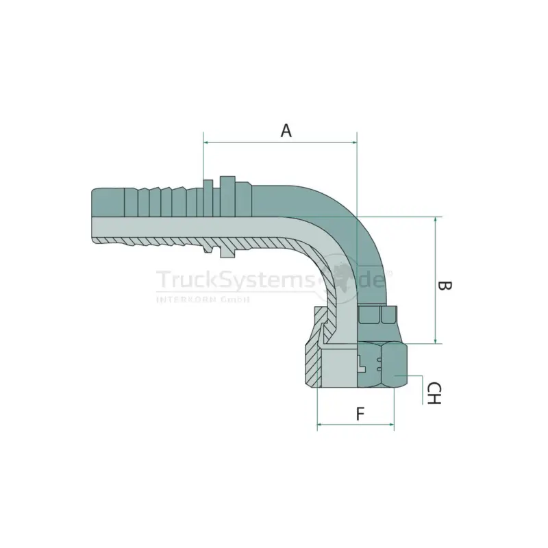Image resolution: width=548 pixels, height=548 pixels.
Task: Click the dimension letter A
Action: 286,130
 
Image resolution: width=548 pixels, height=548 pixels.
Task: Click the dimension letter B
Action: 445,286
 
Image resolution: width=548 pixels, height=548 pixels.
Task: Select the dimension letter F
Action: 360,414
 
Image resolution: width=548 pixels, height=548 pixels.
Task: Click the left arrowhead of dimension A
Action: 206,142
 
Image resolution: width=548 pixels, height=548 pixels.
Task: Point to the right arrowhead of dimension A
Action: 354,142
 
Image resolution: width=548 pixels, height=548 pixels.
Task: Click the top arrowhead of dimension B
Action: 436,219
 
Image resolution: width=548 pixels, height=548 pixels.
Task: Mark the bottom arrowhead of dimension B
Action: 436,340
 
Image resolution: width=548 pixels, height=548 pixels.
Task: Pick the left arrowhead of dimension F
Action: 320,425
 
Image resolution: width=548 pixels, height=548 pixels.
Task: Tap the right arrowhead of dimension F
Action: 391,425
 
